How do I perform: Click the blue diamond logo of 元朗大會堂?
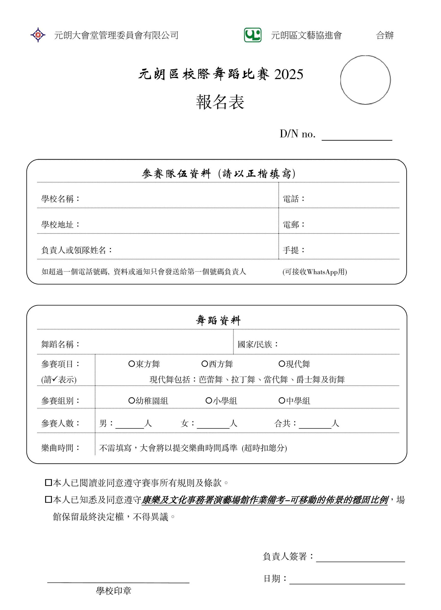pyautogui.click(x=38, y=35)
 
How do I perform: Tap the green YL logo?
pyautogui.click(x=253, y=35)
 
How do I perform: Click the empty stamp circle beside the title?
pyautogui.click(x=365, y=80)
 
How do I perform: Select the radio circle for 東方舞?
pyautogui.click(x=132, y=364)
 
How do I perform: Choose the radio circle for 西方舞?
pyautogui.click(x=205, y=364)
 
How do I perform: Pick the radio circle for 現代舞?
pyautogui.click(x=282, y=364)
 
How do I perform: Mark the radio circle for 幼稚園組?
pyautogui.click(x=132, y=401)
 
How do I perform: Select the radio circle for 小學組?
pyautogui.click(x=209, y=401)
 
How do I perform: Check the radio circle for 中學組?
pyautogui.click(x=282, y=401)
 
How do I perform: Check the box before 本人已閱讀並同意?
pyautogui.click(x=48, y=483)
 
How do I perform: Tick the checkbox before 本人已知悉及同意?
pyautogui.click(x=48, y=500)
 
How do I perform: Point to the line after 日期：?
pyautogui.click(x=347, y=580)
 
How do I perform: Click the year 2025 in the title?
pyautogui.click(x=289, y=74)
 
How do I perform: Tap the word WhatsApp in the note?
pyautogui.click(x=322, y=272)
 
